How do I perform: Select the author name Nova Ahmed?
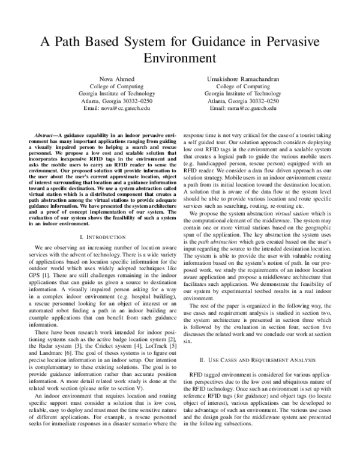pos(116,78)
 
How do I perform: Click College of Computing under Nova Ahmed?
pos(116,86)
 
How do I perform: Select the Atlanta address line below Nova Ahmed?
pos(116,101)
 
